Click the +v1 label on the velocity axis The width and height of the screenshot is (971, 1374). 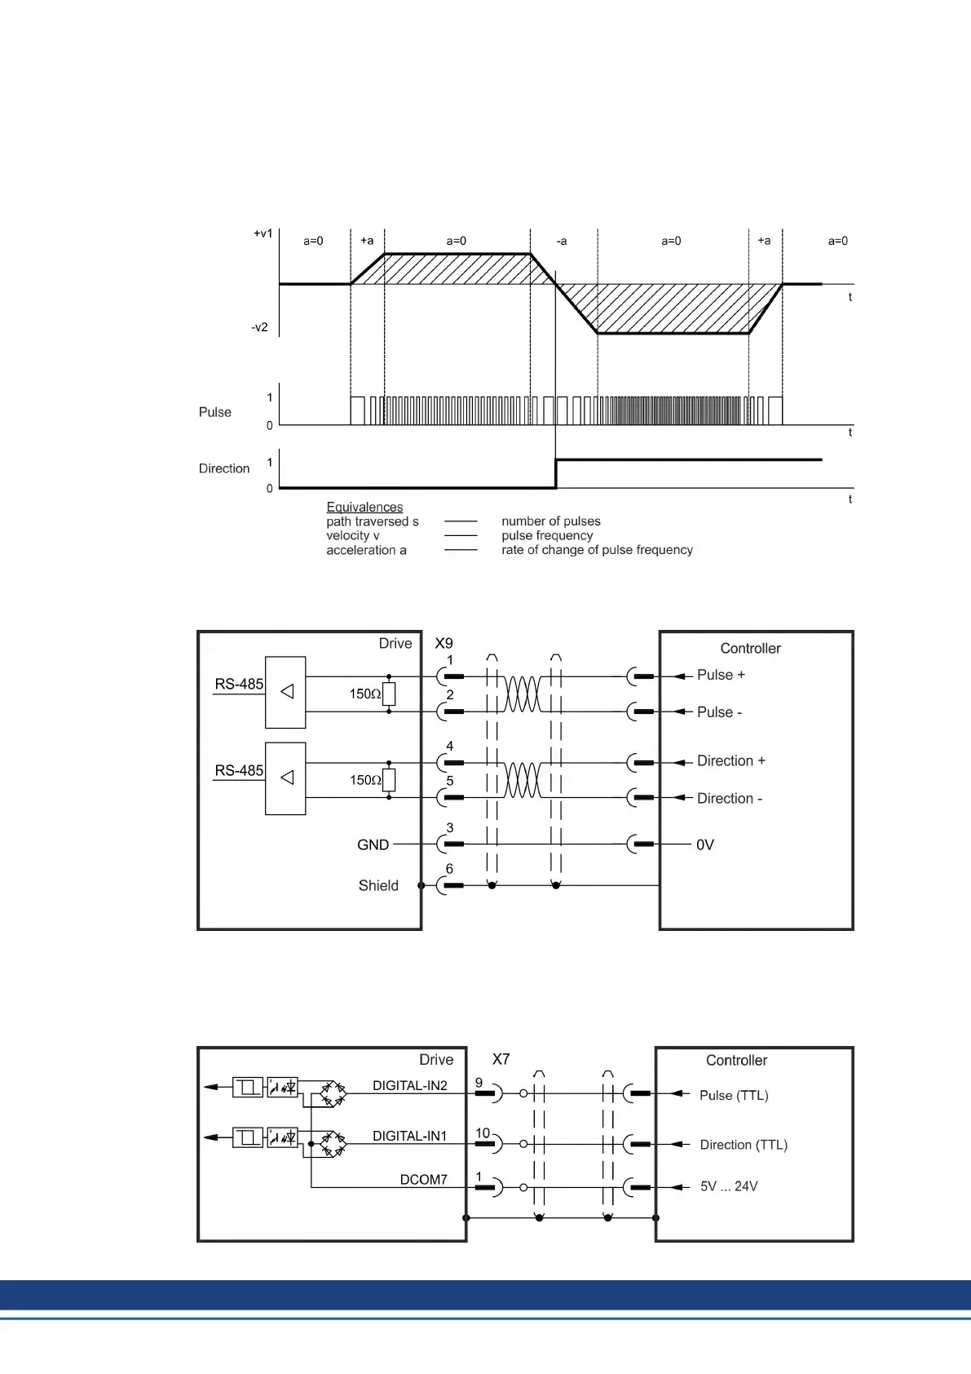(263, 233)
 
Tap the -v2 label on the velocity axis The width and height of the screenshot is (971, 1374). (259, 327)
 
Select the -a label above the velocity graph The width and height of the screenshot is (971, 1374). (562, 242)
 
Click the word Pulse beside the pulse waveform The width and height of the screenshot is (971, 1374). (215, 412)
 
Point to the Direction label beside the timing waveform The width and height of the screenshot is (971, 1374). (224, 468)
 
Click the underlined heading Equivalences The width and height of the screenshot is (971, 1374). (364, 507)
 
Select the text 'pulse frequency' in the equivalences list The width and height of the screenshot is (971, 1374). (547, 535)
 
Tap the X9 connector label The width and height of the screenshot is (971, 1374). (444, 643)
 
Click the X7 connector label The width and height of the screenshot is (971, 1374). (501, 1059)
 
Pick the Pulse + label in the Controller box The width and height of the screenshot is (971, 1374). (721, 675)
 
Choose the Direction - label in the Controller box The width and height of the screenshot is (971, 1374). (729, 798)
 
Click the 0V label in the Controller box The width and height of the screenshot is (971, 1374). (705, 844)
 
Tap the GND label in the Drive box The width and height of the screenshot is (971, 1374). (373, 844)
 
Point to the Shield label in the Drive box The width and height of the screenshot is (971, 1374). (378, 885)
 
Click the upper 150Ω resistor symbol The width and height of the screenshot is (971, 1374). (389, 694)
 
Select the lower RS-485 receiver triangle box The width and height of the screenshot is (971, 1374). (285, 778)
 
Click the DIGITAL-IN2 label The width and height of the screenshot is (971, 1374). (410, 1085)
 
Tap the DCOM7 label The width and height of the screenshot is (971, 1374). (423, 1179)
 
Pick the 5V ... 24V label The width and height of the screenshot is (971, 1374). (729, 1186)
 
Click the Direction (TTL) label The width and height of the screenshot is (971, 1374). (744, 1145)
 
